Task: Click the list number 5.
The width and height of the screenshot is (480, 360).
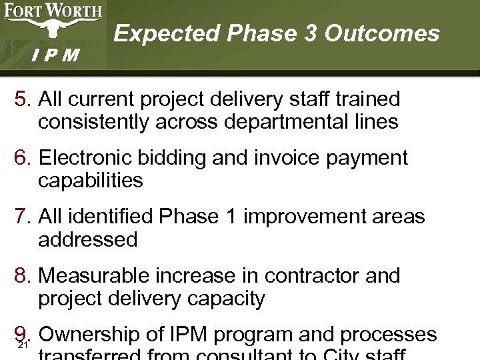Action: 22,100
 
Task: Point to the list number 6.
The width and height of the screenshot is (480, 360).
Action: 22,158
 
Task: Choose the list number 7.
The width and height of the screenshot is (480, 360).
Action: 22,217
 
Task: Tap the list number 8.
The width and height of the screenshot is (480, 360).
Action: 22,275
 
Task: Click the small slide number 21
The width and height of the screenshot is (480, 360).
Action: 22,345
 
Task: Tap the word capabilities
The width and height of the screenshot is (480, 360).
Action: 91,181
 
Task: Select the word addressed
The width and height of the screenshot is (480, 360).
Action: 88,239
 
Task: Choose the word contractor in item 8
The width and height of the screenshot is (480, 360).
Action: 301,275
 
